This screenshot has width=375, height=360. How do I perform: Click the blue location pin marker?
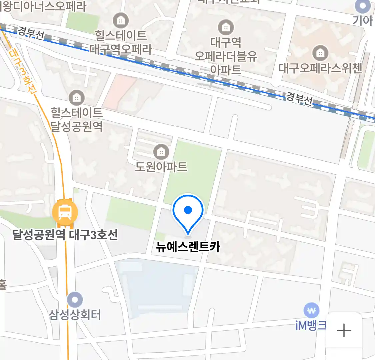(188, 212)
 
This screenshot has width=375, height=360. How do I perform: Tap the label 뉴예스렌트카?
(188, 247)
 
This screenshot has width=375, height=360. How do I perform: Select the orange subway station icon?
(65, 212)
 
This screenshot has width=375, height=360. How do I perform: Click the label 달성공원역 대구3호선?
(65, 235)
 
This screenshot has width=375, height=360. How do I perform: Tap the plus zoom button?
(344, 331)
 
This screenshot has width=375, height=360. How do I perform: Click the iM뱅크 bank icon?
(311, 311)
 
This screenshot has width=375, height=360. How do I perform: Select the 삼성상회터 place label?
(75, 315)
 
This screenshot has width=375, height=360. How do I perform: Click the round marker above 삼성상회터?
(75, 300)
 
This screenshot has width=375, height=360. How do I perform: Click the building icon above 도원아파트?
(161, 152)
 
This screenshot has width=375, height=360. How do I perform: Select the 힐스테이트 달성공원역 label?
(76, 120)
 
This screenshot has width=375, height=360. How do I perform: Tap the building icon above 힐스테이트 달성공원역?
(77, 98)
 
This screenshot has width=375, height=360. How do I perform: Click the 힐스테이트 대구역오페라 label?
(121, 42)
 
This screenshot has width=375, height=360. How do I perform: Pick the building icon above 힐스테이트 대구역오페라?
(121, 21)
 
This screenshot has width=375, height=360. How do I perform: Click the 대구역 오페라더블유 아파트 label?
(226, 56)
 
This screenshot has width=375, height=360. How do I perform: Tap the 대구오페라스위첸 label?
(320, 68)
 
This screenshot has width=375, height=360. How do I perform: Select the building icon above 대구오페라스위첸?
(320, 53)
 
